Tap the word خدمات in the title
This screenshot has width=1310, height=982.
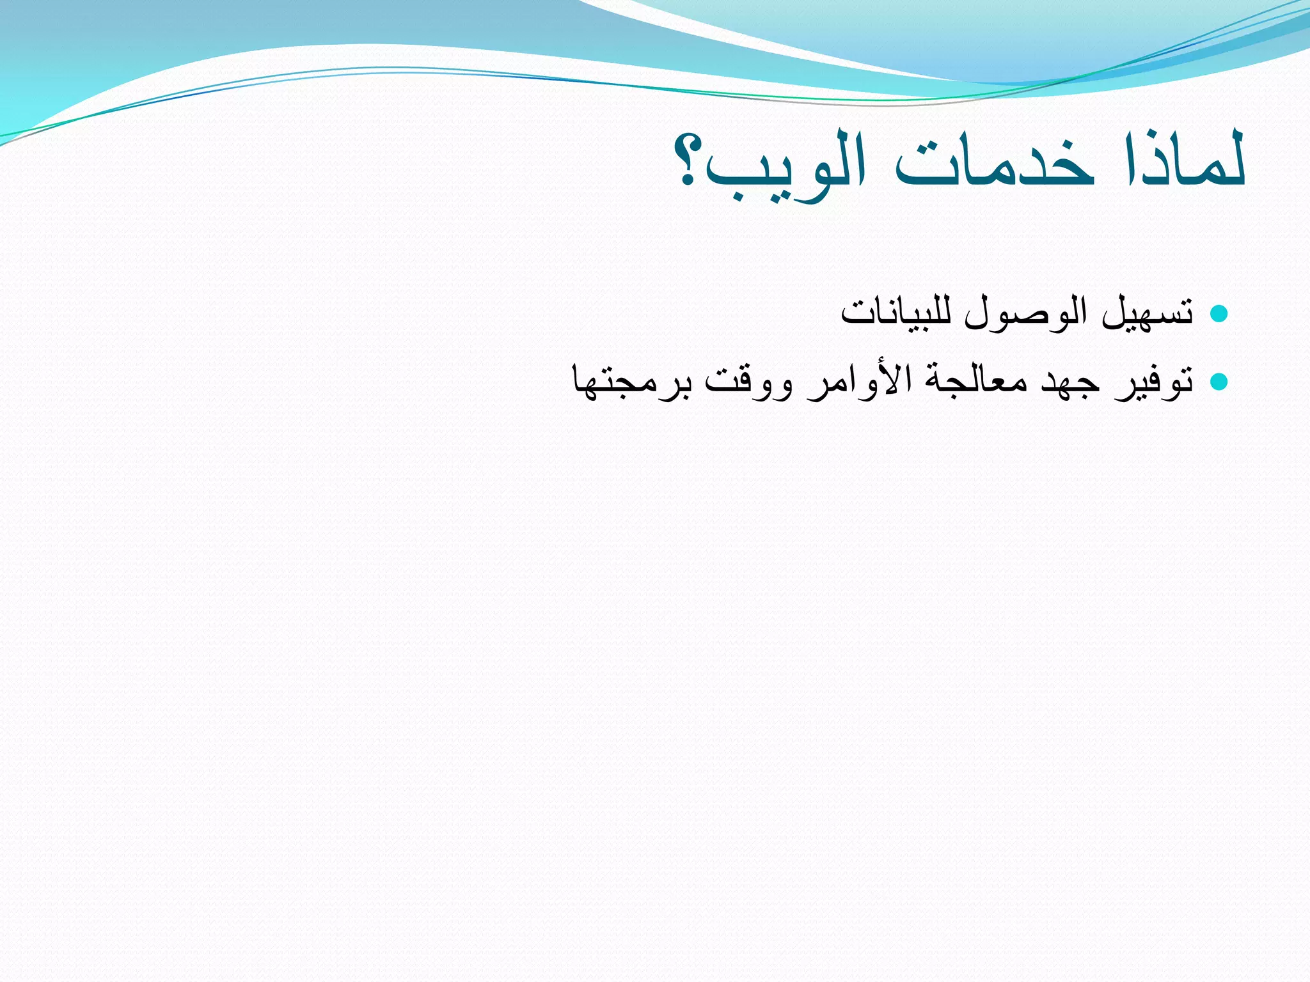click(x=995, y=165)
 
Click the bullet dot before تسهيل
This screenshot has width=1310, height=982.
click(x=1219, y=313)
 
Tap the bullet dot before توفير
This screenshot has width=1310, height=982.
click(x=1219, y=382)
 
